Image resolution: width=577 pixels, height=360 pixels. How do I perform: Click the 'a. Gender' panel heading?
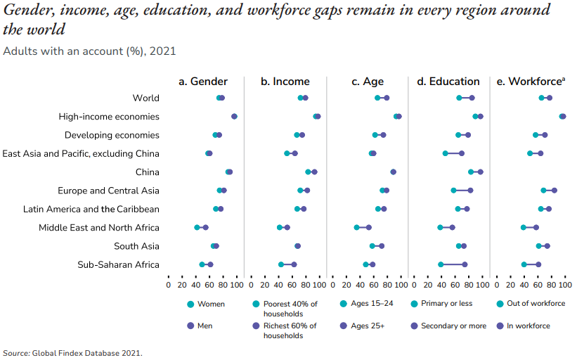tap(202, 82)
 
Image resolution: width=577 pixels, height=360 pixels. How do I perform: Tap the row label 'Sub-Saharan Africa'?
tap(118, 264)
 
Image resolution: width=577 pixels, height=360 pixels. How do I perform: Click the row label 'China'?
tap(147, 172)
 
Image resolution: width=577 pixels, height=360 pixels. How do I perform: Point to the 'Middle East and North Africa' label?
tap(98, 228)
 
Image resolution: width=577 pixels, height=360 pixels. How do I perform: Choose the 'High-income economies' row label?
tap(109, 117)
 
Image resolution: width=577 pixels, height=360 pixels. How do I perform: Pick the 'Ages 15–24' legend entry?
tap(371, 304)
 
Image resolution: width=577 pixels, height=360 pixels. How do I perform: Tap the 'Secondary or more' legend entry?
tap(453, 326)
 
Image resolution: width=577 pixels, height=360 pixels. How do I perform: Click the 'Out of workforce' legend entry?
tap(535, 304)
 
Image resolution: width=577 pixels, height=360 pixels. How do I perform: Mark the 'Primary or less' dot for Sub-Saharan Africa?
tap(441, 264)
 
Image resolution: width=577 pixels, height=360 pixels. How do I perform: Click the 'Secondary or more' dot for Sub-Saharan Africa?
tap(465, 264)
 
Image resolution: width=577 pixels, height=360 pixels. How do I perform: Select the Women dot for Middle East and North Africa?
tap(197, 228)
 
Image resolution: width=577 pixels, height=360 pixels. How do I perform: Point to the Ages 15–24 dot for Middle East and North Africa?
tap(356, 228)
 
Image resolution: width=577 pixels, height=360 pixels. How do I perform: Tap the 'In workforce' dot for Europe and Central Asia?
tap(555, 191)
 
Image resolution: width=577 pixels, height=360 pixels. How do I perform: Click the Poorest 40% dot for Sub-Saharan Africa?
tap(281, 264)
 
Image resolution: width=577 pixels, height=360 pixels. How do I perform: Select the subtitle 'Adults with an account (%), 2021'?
tap(89, 51)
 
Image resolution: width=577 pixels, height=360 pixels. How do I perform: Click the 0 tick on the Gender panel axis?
tap(169, 285)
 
